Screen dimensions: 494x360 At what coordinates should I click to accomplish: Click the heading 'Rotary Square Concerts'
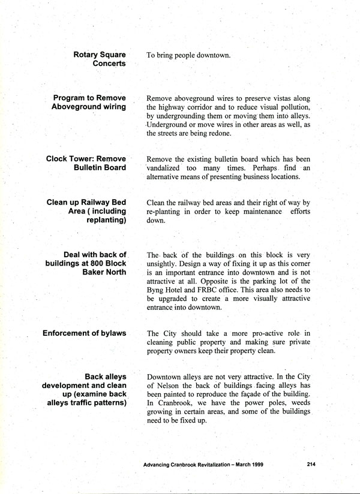100,59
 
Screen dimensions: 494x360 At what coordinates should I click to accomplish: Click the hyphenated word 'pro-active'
256,333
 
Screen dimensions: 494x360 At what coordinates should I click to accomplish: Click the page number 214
310,464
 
